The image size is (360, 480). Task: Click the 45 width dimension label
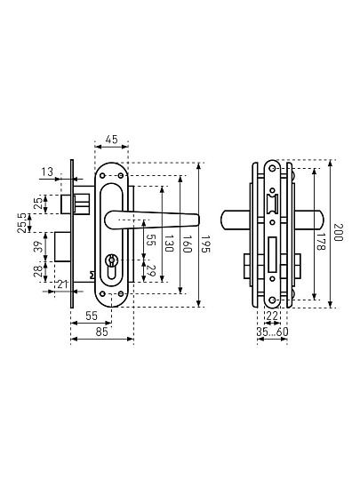coord(111,140)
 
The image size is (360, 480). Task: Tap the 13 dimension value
coord(47,172)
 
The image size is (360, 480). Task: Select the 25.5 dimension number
coord(22,223)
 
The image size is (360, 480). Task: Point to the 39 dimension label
coord(38,247)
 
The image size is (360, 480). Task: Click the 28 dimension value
coord(38,271)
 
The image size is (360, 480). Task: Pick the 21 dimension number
coord(62,284)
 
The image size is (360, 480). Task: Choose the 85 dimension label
coord(102,332)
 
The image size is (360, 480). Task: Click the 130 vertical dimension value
coord(169,244)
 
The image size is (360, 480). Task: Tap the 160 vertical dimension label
coord(187,244)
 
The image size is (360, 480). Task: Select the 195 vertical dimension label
coord(205,244)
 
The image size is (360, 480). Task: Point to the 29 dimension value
coord(149,271)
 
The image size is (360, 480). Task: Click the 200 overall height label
coord(338,233)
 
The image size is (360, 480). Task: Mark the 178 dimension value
coord(321,242)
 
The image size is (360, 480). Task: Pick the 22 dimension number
coord(272,316)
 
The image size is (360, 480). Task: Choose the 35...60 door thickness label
coord(273,332)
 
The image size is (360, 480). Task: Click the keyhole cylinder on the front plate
coord(111,266)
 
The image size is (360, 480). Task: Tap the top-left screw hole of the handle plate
coord(102,176)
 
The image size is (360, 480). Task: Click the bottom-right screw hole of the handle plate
coord(121,294)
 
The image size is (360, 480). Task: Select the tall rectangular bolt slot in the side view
coord(273,254)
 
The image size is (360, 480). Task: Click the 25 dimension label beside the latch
coord(38,204)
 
